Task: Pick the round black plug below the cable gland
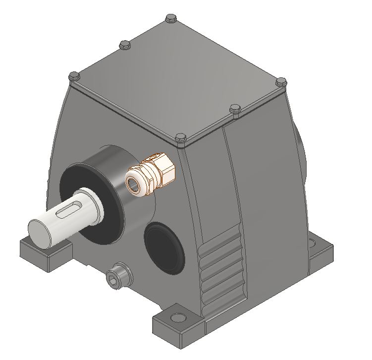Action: (164, 248)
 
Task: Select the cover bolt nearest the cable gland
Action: (179, 137)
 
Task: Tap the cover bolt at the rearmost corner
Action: (171, 18)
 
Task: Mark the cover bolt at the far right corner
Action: (281, 81)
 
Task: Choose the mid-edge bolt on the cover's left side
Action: (124, 45)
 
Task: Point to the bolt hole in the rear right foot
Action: (312, 243)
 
